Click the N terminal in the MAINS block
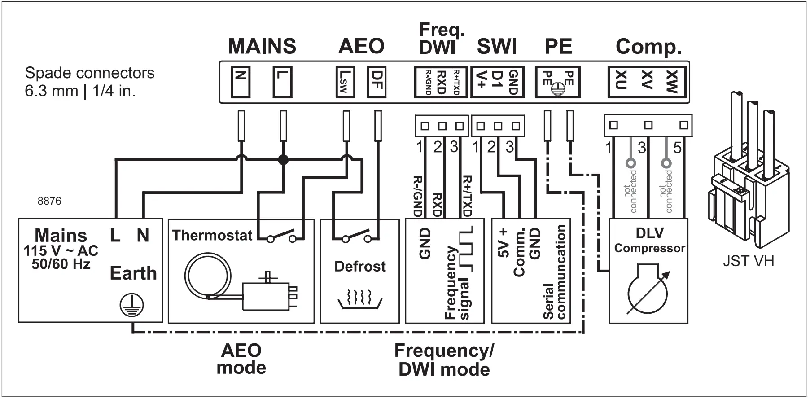[241, 82]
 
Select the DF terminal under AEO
[376, 82]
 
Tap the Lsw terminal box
[345, 82]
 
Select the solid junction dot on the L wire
[283, 159]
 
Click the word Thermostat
[212, 235]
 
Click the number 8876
[49, 201]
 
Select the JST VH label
[748, 261]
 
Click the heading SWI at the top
[497, 47]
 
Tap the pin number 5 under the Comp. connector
[677, 147]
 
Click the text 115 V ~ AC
[61, 251]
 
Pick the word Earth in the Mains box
[133, 273]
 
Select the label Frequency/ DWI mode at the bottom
[444, 360]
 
